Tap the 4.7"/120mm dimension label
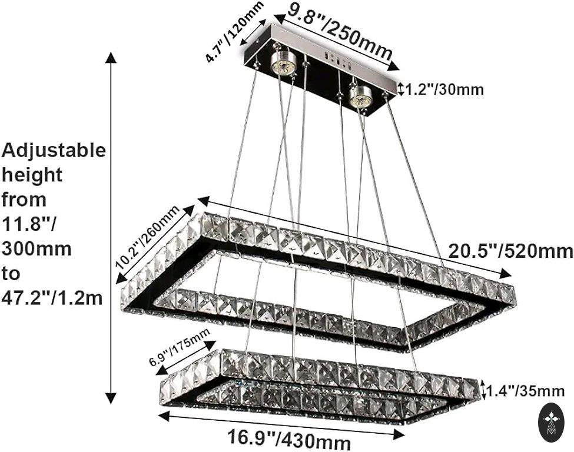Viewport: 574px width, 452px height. (234, 33)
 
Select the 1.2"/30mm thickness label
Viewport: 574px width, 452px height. (444, 89)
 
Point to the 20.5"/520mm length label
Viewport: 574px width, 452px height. (510, 251)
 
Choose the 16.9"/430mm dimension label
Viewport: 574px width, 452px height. (289, 439)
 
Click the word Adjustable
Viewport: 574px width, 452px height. (54, 151)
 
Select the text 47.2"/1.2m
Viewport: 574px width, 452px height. (52, 298)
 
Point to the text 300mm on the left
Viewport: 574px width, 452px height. (37, 249)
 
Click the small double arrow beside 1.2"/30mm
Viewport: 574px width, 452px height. (401, 89)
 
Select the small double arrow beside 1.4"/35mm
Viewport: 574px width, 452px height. (485, 390)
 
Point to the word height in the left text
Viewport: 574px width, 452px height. (32, 175)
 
